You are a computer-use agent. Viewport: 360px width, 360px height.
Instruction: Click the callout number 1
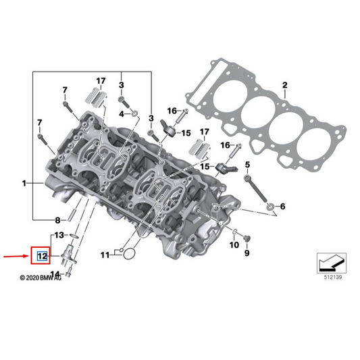tap(24, 183)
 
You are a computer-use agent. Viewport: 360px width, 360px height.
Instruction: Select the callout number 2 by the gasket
tap(285, 85)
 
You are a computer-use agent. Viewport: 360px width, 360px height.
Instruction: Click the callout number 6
tap(282, 206)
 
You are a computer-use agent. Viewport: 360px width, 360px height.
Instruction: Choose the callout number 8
tap(58, 220)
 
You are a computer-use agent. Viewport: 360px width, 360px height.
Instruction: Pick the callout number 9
tap(247, 253)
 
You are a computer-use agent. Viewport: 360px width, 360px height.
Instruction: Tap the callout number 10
tap(234, 245)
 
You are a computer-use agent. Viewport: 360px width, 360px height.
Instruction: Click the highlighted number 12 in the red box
tap(42, 256)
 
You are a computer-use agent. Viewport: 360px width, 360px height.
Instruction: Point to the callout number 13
tap(59, 235)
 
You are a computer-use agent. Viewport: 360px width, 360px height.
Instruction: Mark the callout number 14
tap(55, 274)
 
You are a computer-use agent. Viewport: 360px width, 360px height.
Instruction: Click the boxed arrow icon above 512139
tap(331, 261)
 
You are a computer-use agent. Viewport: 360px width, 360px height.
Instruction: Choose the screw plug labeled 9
tap(245, 237)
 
